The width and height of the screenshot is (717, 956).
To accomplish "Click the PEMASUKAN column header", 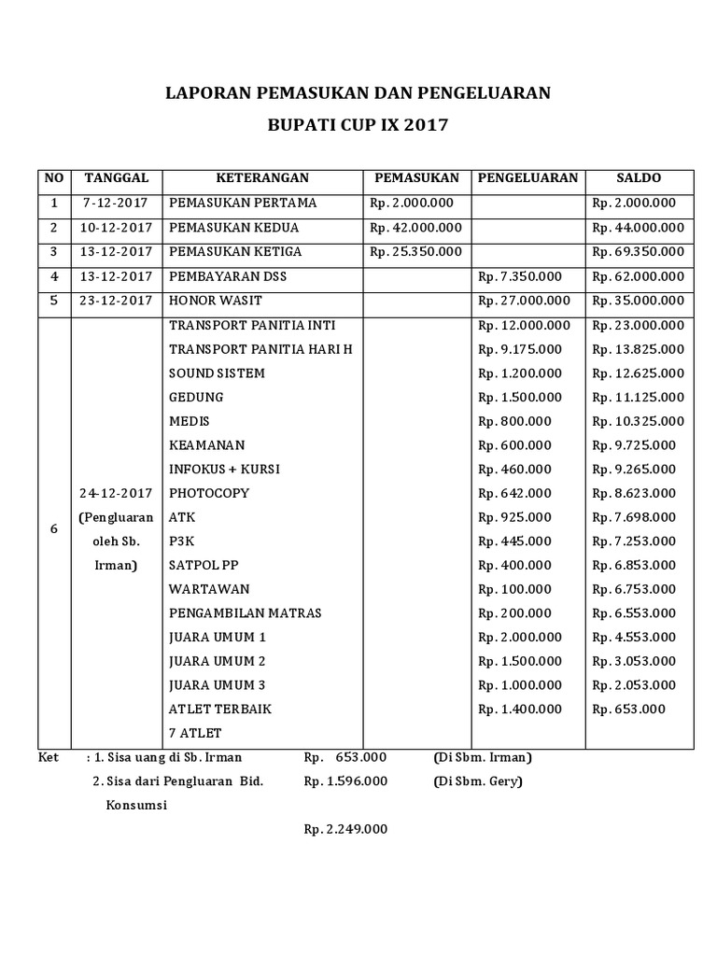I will coord(415,178).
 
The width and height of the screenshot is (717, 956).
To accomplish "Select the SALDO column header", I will coord(639,178).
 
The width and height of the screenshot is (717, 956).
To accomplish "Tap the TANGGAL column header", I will coord(116,178).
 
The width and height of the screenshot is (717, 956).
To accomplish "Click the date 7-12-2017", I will coord(115,204).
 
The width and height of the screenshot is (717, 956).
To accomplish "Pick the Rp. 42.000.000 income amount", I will coord(415,228).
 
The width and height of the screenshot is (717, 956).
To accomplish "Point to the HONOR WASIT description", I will coord(216,301).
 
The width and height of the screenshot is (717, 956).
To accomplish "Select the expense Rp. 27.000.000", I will coord(524,301).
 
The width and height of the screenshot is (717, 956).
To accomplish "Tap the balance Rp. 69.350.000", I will coord(639,252).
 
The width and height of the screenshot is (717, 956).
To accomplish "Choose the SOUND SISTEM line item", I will coord(217,373).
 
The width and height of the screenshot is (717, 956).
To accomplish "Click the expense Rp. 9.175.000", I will coord(520,349).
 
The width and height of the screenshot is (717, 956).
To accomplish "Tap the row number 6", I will coord(54,529).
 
